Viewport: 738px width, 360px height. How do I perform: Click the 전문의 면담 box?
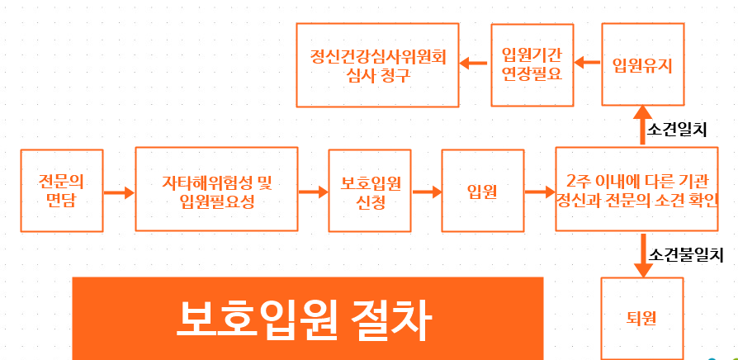coord(62,190)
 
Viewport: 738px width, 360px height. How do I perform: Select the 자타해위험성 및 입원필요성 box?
coord(216,190)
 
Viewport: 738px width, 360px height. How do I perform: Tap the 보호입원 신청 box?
coord(369,190)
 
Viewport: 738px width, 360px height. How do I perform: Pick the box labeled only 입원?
coord(481,191)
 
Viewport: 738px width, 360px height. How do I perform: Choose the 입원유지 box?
coord(642,64)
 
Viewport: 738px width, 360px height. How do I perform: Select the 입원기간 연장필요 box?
coord(532,64)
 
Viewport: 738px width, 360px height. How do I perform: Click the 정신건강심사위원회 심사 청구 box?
coord(377,65)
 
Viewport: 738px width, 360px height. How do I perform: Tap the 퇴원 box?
coord(642,317)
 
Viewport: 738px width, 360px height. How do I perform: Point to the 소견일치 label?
coord(678,129)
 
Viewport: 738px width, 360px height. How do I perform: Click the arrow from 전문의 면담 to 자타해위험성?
coord(119,192)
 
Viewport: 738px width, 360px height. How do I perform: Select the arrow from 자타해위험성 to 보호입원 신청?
coord(312,192)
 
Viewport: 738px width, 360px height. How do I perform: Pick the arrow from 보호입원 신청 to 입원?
coord(426,192)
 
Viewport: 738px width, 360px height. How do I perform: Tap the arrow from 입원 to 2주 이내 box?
coord(538,192)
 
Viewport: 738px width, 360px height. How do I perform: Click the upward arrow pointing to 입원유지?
coord(642,128)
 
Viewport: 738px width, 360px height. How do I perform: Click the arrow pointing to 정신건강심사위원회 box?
coord(474,63)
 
